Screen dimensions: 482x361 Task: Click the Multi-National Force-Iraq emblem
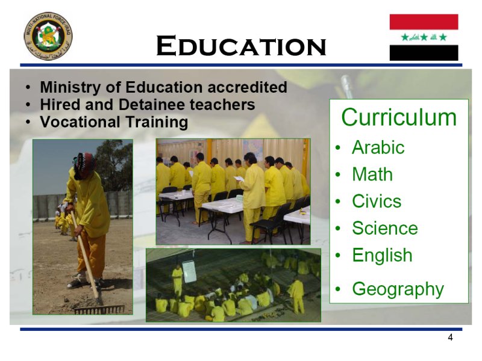(49, 36)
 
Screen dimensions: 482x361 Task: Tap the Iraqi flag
(424, 37)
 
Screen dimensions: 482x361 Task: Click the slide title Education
(242, 46)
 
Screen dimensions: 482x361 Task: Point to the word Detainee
(152, 104)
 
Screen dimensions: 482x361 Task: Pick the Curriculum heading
(399, 117)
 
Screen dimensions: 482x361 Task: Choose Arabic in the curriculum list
(378, 147)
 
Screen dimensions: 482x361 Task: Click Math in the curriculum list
(372, 174)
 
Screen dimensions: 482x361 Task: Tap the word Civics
(377, 202)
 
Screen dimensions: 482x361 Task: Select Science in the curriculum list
(385, 229)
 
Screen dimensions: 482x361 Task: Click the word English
(382, 255)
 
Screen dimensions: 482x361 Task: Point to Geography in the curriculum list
(398, 289)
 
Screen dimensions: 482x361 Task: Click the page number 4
(450, 338)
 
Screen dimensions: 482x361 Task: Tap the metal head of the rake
(99, 309)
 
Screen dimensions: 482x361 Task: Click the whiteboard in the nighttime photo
(189, 272)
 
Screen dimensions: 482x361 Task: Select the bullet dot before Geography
(338, 289)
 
